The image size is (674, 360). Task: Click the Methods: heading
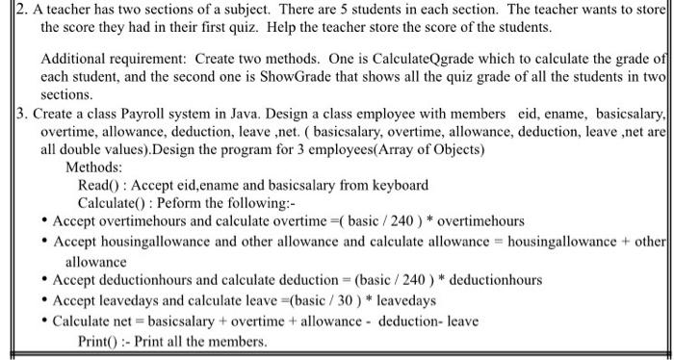93,167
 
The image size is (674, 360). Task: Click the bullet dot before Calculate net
45,321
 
